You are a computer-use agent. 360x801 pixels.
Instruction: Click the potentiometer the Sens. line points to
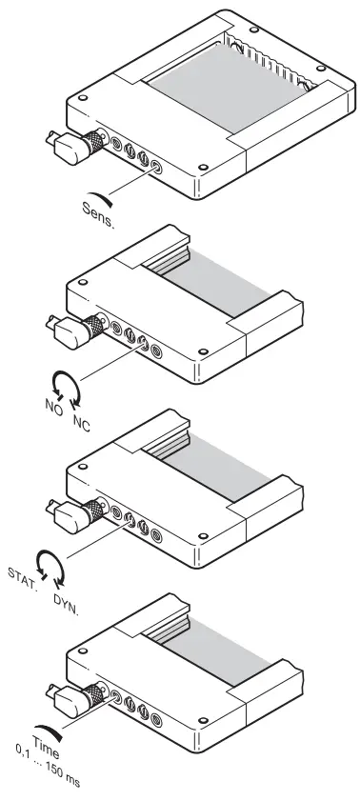157,166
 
